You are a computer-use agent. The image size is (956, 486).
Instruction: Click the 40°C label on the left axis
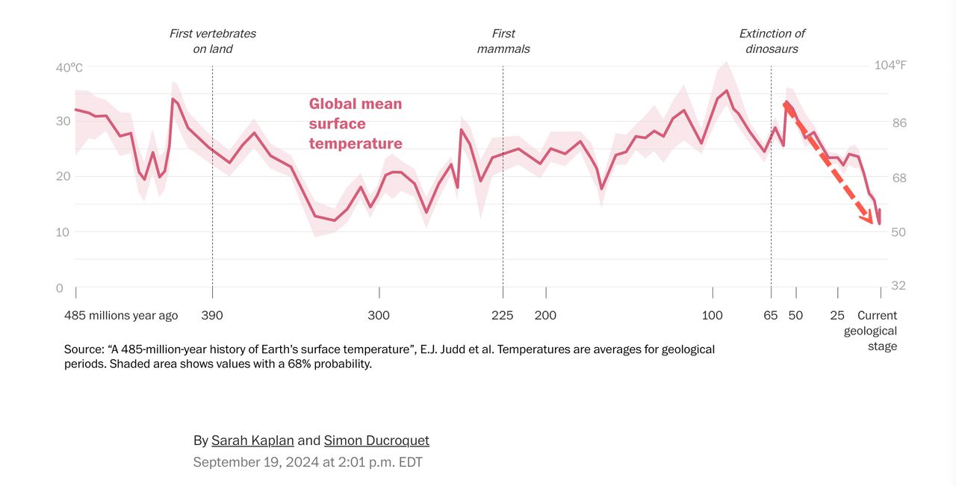click(69, 68)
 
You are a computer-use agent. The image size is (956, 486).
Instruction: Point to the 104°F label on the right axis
click(890, 65)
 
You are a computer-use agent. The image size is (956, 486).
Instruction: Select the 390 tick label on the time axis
click(212, 315)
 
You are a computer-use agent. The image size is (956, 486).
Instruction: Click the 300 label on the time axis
click(379, 315)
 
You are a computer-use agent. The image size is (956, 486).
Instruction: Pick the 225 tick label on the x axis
click(503, 315)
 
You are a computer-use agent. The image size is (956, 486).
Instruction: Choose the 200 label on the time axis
click(545, 315)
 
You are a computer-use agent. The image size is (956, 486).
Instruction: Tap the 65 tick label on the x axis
click(771, 315)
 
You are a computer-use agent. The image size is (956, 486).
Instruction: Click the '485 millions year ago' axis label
click(121, 315)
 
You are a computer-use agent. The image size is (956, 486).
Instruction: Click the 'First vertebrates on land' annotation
click(212, 41)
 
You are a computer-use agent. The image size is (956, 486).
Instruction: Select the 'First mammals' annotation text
click(503, 41)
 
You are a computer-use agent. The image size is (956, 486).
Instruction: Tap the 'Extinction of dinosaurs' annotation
click(772, 41)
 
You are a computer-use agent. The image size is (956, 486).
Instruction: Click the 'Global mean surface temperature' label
click(356, 123)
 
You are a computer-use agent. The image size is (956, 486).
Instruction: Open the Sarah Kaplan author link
click(252, 440)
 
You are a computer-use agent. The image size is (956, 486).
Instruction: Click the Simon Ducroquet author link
click(376, 440)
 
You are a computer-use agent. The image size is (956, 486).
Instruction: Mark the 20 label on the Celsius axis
click(63, 176)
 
